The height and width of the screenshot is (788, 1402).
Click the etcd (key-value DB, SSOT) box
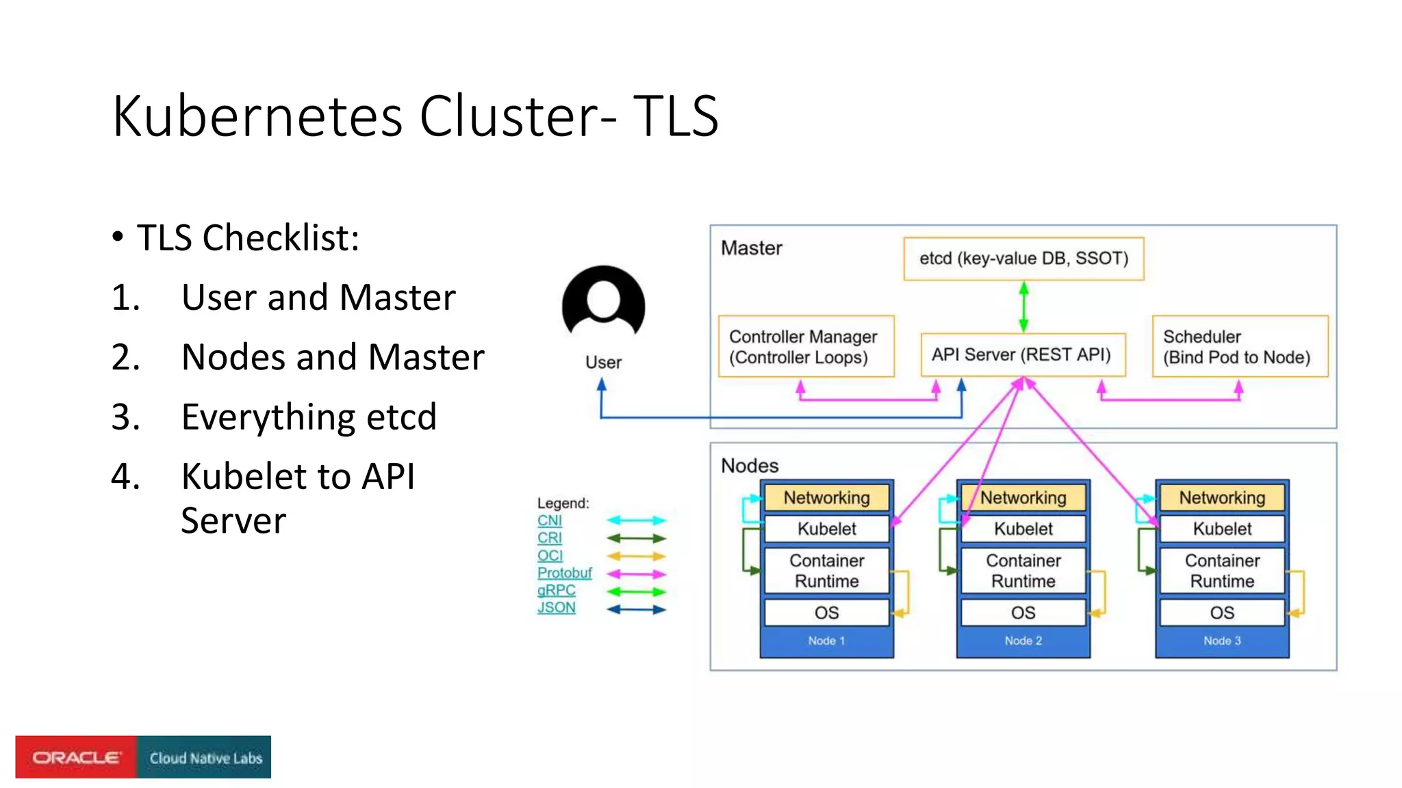point(1023,259)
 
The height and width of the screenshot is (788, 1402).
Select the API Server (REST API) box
point(1022,355)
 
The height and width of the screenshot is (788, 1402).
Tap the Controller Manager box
point(806,347)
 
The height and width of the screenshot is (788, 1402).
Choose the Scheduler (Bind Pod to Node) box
point(1239,347)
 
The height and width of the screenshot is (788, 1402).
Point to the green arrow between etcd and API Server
point(1023,307)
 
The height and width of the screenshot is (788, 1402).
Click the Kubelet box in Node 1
point(826,529)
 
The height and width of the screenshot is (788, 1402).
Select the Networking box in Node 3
point(1222,498)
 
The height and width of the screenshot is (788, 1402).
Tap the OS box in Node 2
point(1023,613)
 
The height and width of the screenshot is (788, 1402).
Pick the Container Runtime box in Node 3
point(1222,570)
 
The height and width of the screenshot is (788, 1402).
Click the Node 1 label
point(826,641)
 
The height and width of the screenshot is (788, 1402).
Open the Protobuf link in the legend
point(564,573)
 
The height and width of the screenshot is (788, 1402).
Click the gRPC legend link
point(556,590)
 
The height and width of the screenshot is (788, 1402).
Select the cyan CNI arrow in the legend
point(636,521)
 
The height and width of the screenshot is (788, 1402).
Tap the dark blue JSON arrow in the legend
point(636,609)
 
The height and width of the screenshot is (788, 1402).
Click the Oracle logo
point(76,757)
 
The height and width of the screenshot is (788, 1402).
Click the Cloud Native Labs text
point(205,758)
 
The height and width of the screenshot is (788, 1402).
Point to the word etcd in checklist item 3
point(401,417)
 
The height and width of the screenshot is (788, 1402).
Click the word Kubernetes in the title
point(257,116)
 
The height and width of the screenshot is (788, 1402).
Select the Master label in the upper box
point(751,248)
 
